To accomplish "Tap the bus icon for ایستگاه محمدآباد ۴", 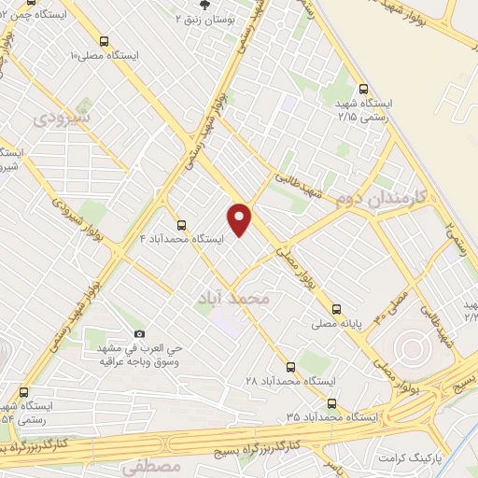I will coord(181,225).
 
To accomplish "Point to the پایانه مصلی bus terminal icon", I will coord(336,309).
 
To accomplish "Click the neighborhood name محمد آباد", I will coord(232,299).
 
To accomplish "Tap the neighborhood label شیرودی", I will coord(62,119).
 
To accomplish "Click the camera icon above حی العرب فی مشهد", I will coord(140,333).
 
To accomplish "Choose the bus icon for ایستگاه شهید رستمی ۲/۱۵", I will coord(362,89).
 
